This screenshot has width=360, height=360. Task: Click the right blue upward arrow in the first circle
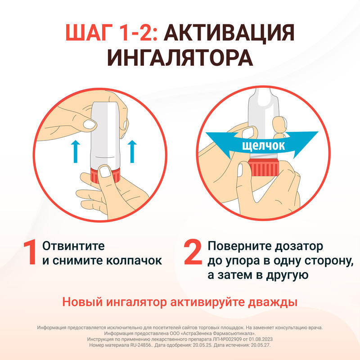click(132, 151)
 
